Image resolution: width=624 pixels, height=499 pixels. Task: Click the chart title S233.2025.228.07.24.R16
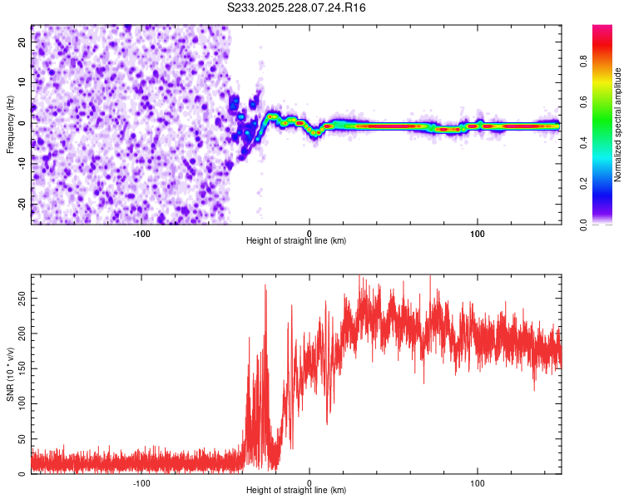tap(296, 7)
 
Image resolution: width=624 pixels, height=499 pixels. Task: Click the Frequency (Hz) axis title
tap(10, 125)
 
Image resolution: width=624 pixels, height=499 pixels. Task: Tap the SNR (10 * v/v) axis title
tap(10, 374)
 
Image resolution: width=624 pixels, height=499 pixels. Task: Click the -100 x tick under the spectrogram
tap(141, 233)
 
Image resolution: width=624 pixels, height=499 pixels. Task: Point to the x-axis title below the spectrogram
tap(296, 240)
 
